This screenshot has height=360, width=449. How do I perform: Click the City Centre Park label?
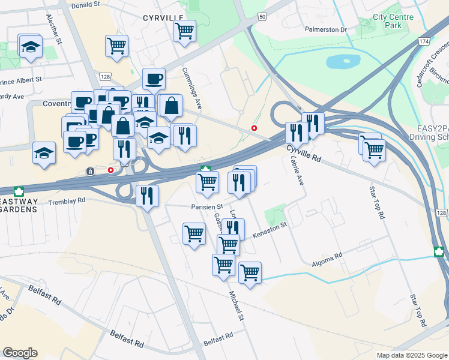[x=393, y=22]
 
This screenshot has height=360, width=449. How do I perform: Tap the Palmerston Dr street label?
[x=326, y=29]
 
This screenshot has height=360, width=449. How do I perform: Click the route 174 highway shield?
[x=424, y=41]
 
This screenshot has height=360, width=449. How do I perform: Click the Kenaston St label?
[x=270, y=229]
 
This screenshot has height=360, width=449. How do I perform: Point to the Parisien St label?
[x=207, y=206]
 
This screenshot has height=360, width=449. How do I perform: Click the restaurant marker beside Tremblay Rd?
[x=147, y=195]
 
